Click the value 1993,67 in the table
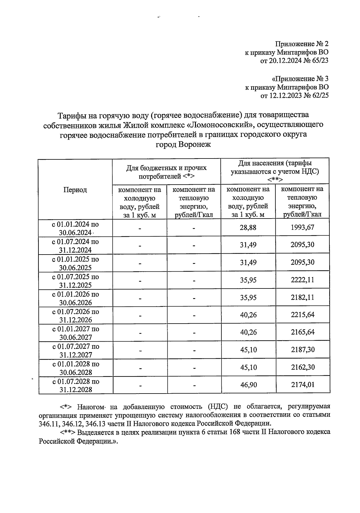coord(302,227)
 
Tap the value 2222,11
coord(302,280)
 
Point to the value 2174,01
coord(302,385)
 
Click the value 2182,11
coord(302,297)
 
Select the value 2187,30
coord(302,350)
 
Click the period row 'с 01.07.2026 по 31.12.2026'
coord(76,315)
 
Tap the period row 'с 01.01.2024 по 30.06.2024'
coord(76,228)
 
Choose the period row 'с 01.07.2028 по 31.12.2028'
coord(76,385)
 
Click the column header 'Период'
coord(75,190)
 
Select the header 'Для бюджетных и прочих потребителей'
coord(166,172)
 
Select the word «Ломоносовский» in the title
coord(219,125)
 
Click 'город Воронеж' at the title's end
coord(183,144)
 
